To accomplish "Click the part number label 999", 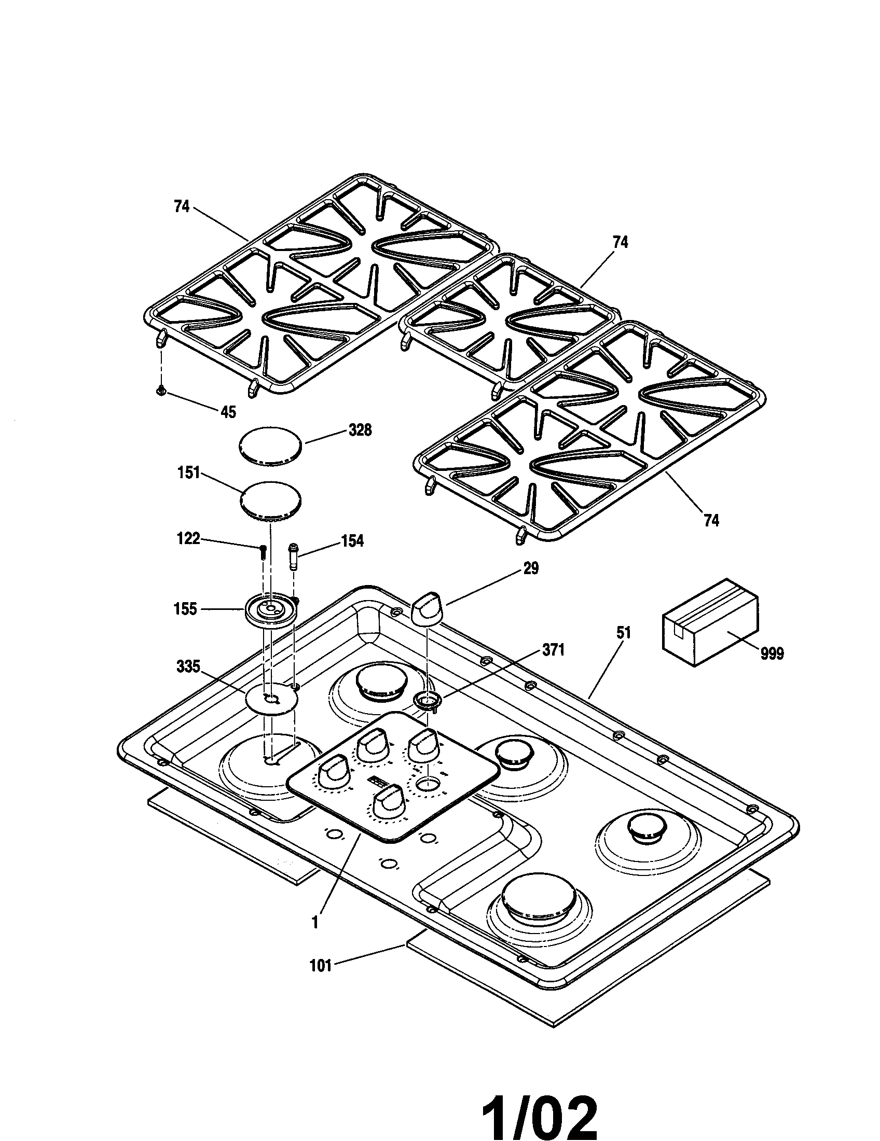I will tap(772, 653).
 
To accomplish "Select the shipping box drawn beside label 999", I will tap(710, 622).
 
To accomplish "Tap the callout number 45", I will tap(228, 412).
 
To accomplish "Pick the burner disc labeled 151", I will tap(271, 500).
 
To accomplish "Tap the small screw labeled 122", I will tap(263, 551).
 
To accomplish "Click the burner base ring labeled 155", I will tap(270, 609).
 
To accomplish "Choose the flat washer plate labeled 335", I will tap(272, 699).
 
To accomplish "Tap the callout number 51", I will tap(624, 633).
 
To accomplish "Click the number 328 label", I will tap(360, 430).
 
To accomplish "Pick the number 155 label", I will tap(185, 609).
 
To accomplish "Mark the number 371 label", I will tap(553, 650).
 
